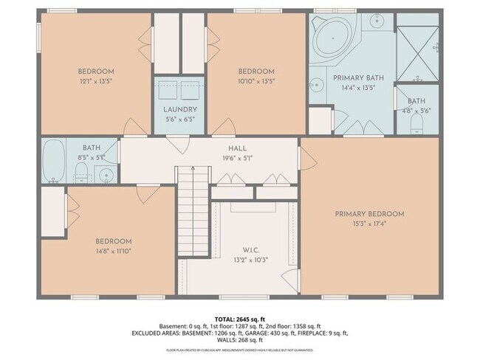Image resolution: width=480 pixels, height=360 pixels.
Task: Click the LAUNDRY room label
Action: (x=179, y=109)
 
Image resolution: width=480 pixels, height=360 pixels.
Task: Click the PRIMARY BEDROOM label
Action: (x=369, y=214)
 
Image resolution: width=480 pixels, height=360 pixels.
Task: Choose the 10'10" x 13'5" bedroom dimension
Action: (x=256, y=81)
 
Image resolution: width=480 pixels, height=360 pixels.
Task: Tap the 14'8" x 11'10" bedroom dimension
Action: (x=113, y=251)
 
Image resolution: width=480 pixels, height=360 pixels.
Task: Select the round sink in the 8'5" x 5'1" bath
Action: (x=106, y=176)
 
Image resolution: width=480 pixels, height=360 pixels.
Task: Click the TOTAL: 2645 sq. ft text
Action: (x=241, y=317)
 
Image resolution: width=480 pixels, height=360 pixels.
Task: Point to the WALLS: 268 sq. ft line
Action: (x=240, y=340)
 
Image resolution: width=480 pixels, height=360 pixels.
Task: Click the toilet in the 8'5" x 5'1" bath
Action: (x=82, y=174)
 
